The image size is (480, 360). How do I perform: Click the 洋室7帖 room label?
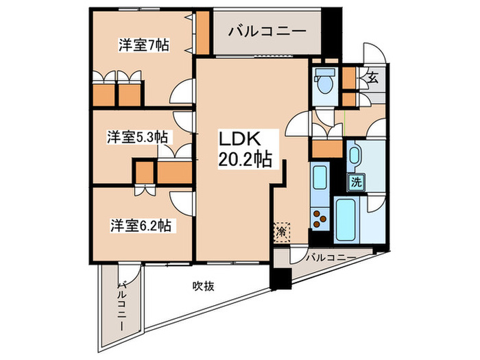coord(143,45)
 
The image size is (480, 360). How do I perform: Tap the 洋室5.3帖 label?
coord(137,137)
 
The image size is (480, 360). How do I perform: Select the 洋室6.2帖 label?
coord(143,224)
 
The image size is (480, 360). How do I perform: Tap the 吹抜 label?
coord(203,285)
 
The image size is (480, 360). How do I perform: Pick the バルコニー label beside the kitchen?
coord(330,258)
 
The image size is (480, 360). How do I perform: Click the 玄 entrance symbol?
coord(372,77)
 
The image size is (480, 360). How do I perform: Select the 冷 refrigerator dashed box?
coord(281,232)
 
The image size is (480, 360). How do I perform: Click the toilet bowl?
coord(324,83)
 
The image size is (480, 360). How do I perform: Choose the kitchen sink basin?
coord(320,180)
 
